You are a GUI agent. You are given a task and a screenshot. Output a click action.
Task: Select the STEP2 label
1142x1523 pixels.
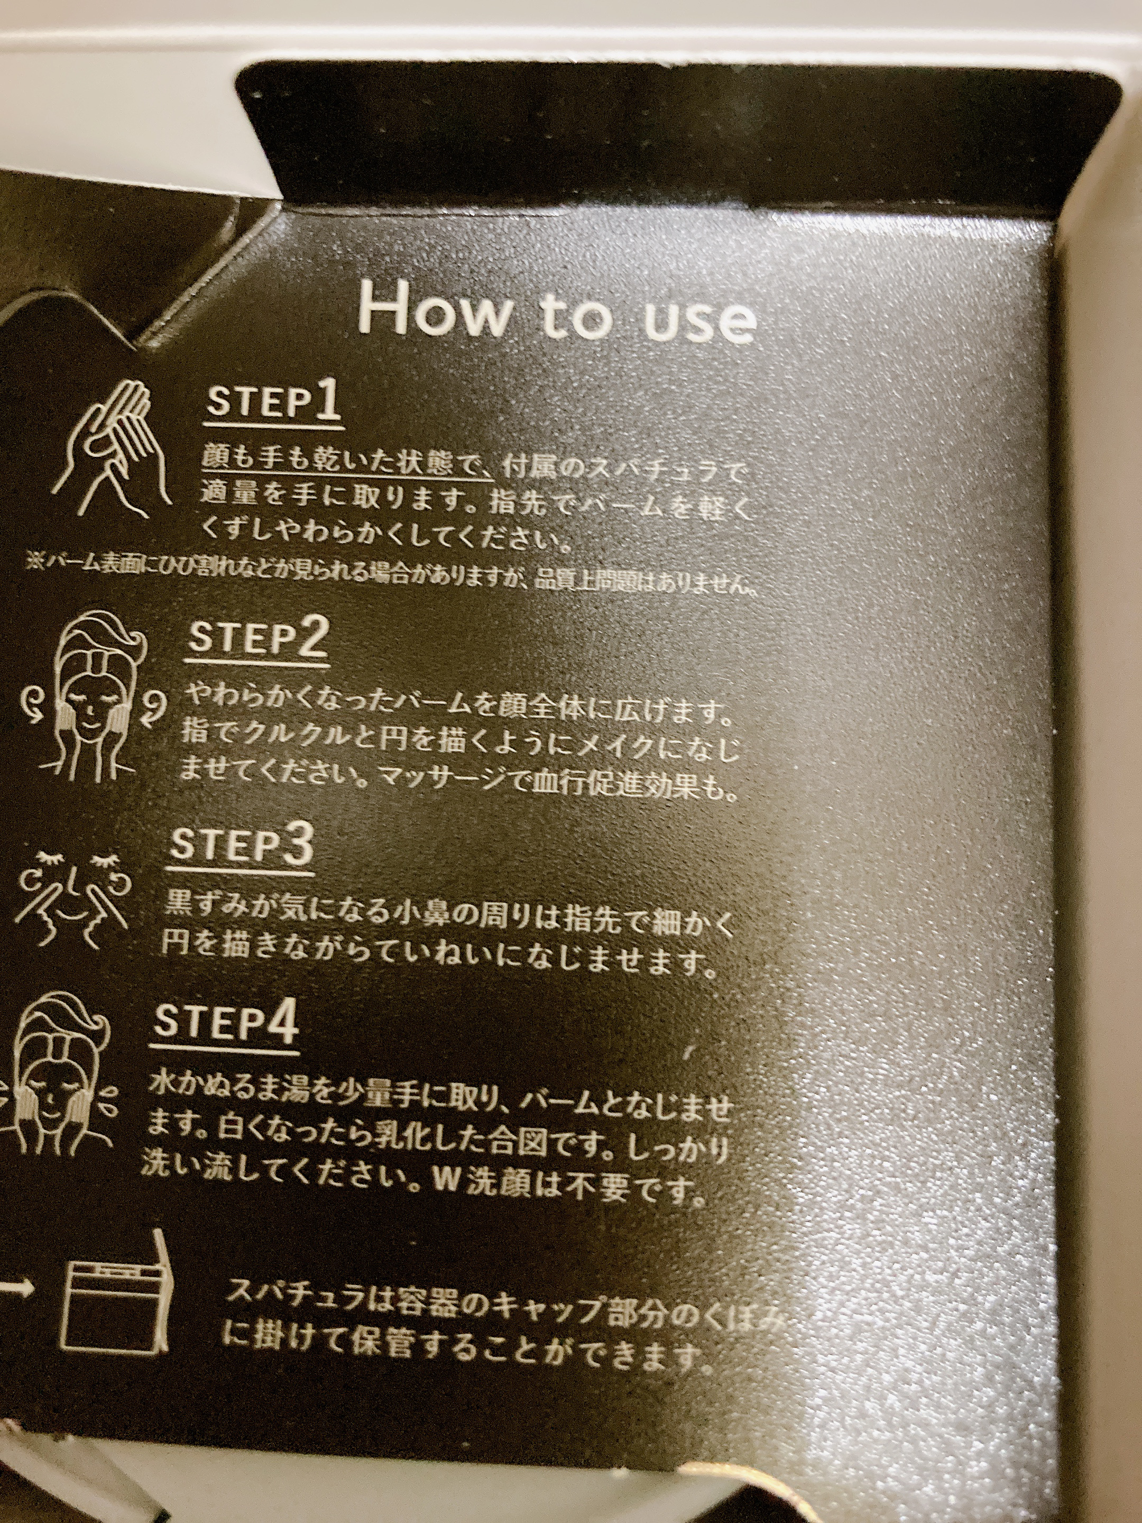point(257,638)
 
